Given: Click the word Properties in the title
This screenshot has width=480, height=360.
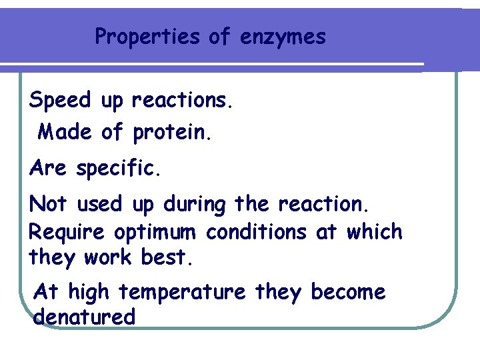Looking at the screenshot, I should (148, 37).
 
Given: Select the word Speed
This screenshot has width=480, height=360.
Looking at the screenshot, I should (60, 101).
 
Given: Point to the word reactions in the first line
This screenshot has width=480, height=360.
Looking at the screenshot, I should (183, 101).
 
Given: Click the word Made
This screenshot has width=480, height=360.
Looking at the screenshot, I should (65, 132).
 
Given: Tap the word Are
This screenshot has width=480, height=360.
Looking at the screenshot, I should (48, 169).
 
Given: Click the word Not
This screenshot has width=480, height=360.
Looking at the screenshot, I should (49, 204).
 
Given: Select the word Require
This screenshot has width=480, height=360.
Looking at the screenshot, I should (67, 233).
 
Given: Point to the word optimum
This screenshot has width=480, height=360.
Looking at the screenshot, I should (155, 233).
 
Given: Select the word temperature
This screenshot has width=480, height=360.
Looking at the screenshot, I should (192, 293).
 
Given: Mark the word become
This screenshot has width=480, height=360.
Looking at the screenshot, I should (348, 292).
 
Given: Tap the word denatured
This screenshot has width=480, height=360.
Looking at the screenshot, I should (84, 317).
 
